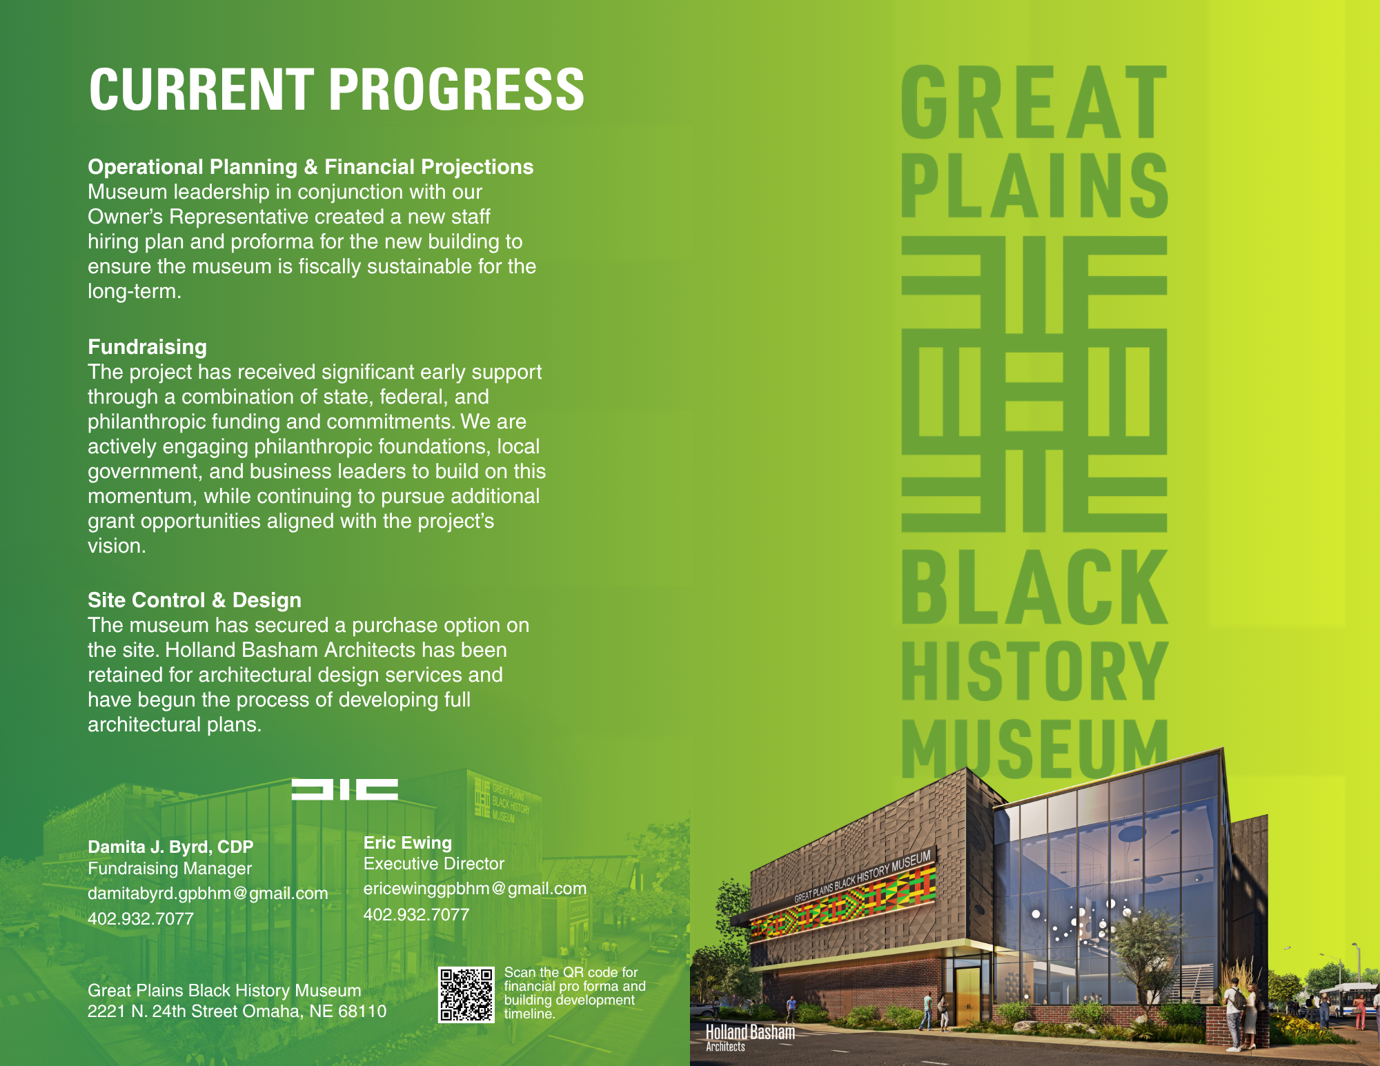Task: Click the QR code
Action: tap(466, 994)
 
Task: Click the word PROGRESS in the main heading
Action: tap(457, 90)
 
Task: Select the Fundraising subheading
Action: tap(147, 347)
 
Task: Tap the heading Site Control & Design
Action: tap(194, 600)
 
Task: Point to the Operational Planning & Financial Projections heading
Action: tap(310, 167)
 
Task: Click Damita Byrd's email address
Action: tap(208, 894)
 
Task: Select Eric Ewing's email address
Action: tap(475, 889)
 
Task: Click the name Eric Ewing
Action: tap(407, 842)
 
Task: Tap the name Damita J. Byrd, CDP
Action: tap(170, 847)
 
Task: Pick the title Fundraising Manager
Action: tap(170, 869)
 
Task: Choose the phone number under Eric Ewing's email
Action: tap(416, 914)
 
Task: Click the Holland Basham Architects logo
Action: tap(749, 1036)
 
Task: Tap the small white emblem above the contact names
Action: tap(344, 789)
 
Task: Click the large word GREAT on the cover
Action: tap(1033, 103)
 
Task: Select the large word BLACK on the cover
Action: tap(1033, 588)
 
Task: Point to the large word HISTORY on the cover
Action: tap(1033, 671)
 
